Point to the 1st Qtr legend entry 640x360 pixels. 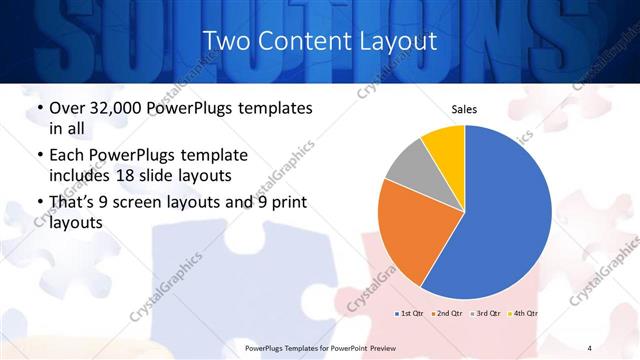click(409, 313)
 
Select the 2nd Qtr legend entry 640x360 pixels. click(446, 313)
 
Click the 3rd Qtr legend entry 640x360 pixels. click(485, 313)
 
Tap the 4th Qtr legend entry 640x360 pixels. click(523, 313)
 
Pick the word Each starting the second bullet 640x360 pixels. click(68, 156)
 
